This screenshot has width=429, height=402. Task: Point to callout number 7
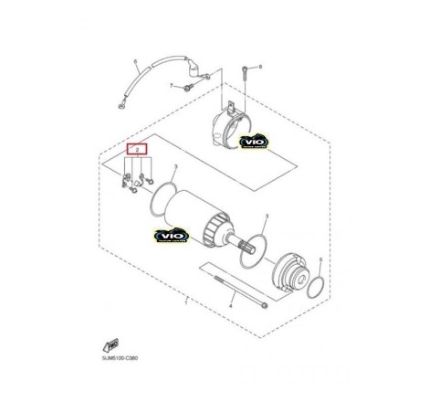170,85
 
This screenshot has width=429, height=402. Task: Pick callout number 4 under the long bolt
231,308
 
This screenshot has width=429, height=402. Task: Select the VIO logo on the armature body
171,237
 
